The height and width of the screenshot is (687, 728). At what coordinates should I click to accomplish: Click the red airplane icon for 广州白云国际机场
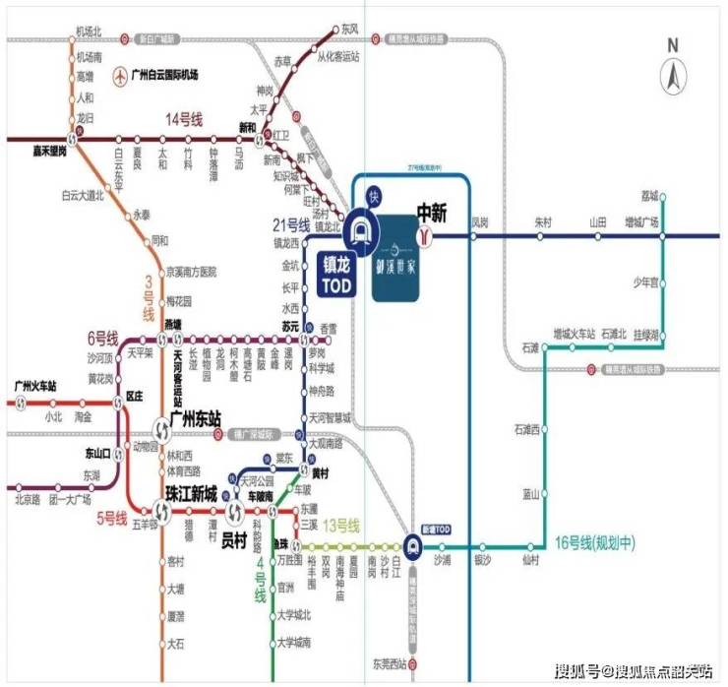coord(120,75)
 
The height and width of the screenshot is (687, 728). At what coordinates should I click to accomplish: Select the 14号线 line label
coord(183,120)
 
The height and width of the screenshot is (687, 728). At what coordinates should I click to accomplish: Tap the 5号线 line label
coord(110,518)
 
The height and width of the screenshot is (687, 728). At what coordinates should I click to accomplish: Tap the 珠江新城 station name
coord(191,493)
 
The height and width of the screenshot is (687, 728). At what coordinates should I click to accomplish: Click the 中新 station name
coord(433,212)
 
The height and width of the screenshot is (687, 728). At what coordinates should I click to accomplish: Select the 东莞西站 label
coord(391,661)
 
